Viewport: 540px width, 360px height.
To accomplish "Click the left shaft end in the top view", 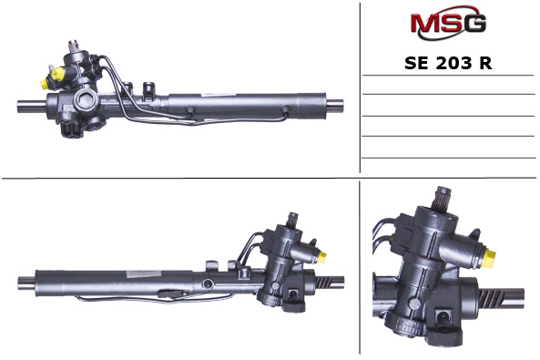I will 27,105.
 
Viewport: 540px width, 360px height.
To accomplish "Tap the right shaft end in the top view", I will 334,102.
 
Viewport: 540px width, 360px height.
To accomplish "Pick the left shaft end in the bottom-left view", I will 25,279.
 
